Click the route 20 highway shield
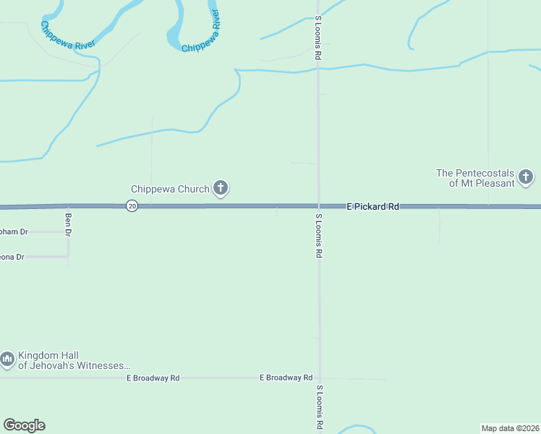(x=132, y=206)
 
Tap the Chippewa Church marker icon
(x=221, y=190)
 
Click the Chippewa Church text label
(x=170, y=190)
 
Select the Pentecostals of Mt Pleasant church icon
(x=526, y=177)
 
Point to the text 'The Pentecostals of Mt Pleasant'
(x=475, y=178)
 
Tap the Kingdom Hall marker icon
(x=7, y=359)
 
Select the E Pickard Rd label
(x=372, y=206)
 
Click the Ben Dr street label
(x=69, y=224)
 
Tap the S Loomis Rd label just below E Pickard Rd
(x=318, y=236)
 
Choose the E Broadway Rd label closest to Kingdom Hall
(x=153, y=378)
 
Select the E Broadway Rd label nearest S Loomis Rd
(x=286, y=378)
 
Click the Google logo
(x=24, y=425)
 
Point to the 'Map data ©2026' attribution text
(x=510, y=428)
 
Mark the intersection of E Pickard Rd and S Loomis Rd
(x=318, y=206)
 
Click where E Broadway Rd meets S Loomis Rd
(x=318, y=378)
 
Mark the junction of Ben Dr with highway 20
(x=69, y=206)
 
